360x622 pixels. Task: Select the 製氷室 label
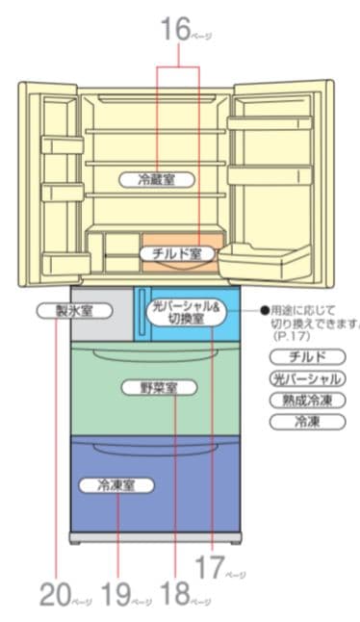coord(72,311)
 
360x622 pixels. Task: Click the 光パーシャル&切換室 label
coord(186,313)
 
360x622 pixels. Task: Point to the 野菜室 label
coord(158,388)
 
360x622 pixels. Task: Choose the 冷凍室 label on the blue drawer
coord(116,485)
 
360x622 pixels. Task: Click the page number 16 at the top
coord(176,32)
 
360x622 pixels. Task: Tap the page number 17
coord(208,568)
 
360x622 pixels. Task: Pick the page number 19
coord(115,594)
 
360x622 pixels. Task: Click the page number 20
coord(55,594)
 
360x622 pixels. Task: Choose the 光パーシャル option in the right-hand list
coord(305,378)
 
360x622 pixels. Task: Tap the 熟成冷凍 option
coord(305,400)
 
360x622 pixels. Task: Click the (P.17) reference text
coord(287,338)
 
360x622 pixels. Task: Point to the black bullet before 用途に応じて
coord(264,312)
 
